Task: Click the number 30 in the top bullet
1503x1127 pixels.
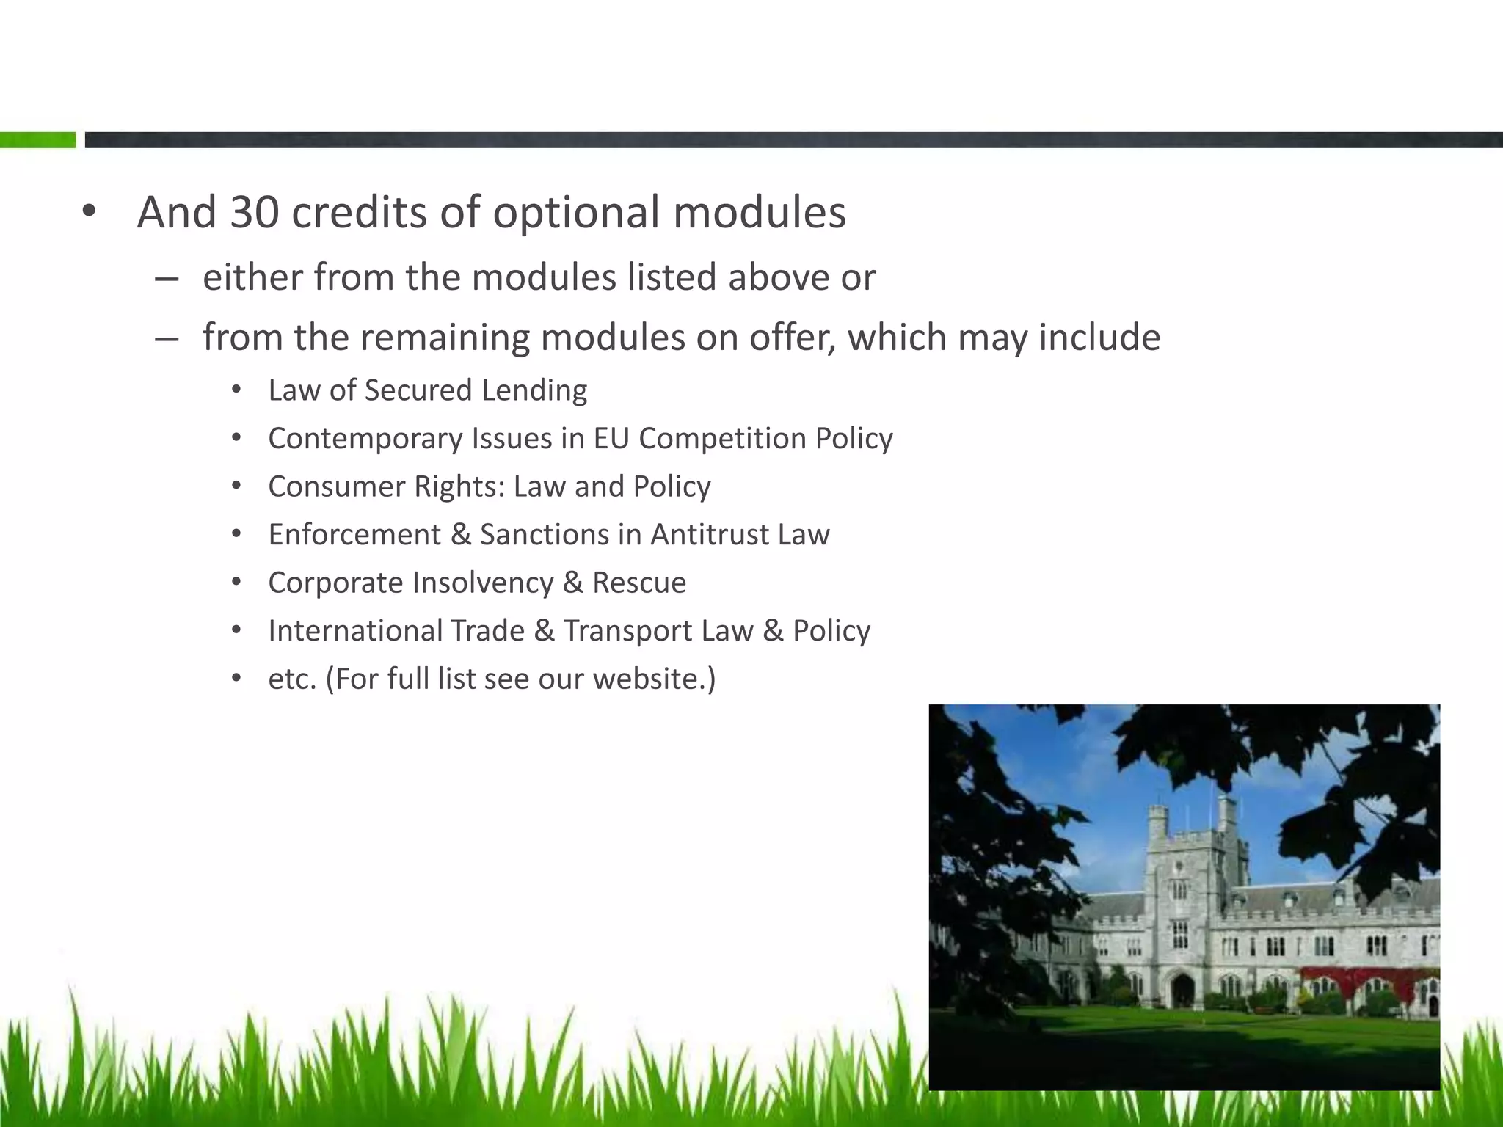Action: click(254, 213)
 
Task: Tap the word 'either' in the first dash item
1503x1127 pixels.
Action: click(252, 277)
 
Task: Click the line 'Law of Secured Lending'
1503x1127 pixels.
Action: click(427, 390)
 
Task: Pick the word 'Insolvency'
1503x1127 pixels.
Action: click(482, 583)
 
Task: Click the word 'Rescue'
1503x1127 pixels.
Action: click(638, 583)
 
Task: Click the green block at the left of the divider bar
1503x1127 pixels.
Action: click(37, 140)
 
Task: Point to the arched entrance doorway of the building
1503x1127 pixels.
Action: click(1182, 991)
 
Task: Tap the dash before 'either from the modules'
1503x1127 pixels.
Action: click(167, 280)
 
